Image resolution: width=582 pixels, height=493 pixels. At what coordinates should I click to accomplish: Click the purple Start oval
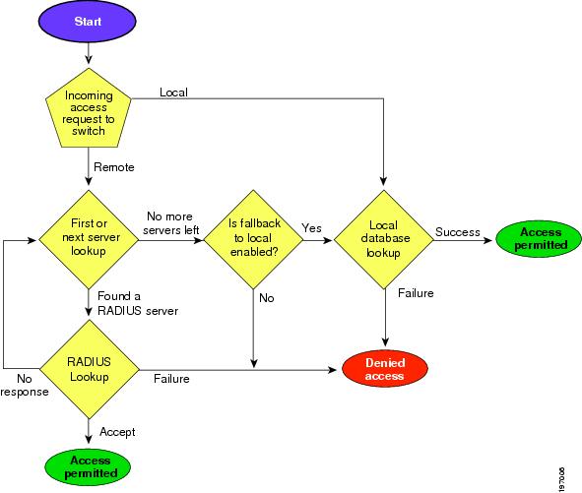coord(88,23)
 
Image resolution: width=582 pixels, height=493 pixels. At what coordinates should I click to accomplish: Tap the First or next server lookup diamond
coord(88,237)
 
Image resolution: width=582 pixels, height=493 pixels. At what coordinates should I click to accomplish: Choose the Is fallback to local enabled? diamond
coord(254,237)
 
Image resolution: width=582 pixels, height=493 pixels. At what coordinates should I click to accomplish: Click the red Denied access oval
coord(384,369)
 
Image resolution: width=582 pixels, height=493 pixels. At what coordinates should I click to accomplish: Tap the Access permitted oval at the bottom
coord(88,465)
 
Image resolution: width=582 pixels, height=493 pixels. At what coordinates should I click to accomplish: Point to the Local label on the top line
coord(173,92)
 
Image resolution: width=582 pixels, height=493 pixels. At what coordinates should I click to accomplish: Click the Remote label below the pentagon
coord(114,167)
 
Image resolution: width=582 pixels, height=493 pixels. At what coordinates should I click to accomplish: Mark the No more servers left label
coord(169,222)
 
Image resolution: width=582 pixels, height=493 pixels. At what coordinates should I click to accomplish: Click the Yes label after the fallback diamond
coord(312,228)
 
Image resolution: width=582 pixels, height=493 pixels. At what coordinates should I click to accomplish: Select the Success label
coord(457,232)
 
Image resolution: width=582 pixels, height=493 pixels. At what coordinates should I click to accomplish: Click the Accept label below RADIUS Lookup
coord(117,431)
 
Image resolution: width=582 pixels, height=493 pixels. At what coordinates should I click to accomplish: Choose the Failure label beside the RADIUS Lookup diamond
coord(171,377)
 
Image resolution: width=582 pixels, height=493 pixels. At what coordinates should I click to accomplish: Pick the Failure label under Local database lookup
coord(415,292)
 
